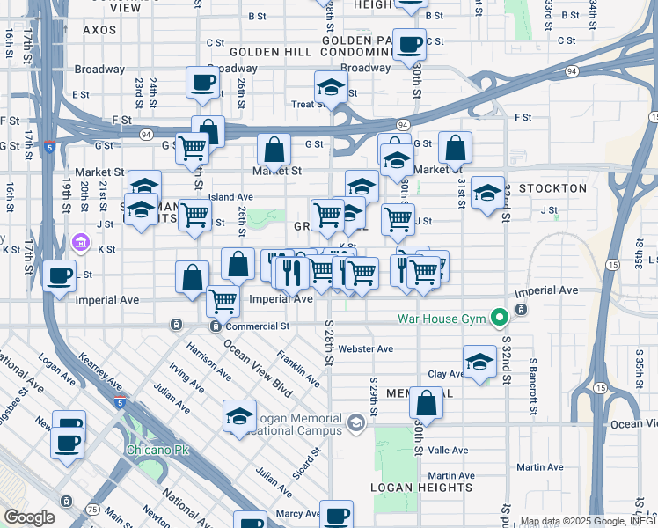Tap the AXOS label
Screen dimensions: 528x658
(99, 29)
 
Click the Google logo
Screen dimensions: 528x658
(28, 517)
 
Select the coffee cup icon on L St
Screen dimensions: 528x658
(58, 275)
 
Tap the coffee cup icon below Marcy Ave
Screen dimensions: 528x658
(335, 514)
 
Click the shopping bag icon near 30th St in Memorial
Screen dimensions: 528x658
(426, 404)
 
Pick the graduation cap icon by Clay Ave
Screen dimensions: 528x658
(479, 361)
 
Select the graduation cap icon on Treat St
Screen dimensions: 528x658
(331, 87)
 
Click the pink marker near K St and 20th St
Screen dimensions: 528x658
(81, 242)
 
